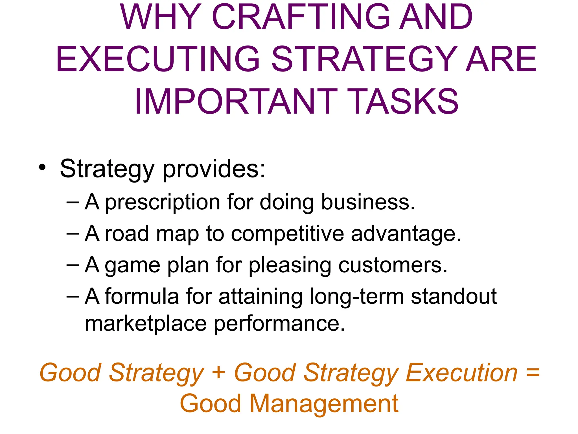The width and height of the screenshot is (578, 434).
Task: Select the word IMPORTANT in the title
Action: coord(236,102)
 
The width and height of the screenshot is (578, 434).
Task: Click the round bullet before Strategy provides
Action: coord(42,167)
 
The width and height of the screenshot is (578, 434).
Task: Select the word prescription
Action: coord(163,203)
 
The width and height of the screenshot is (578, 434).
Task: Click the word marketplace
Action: coord(146,324)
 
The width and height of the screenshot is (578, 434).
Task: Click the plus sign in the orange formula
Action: coord(218,372)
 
